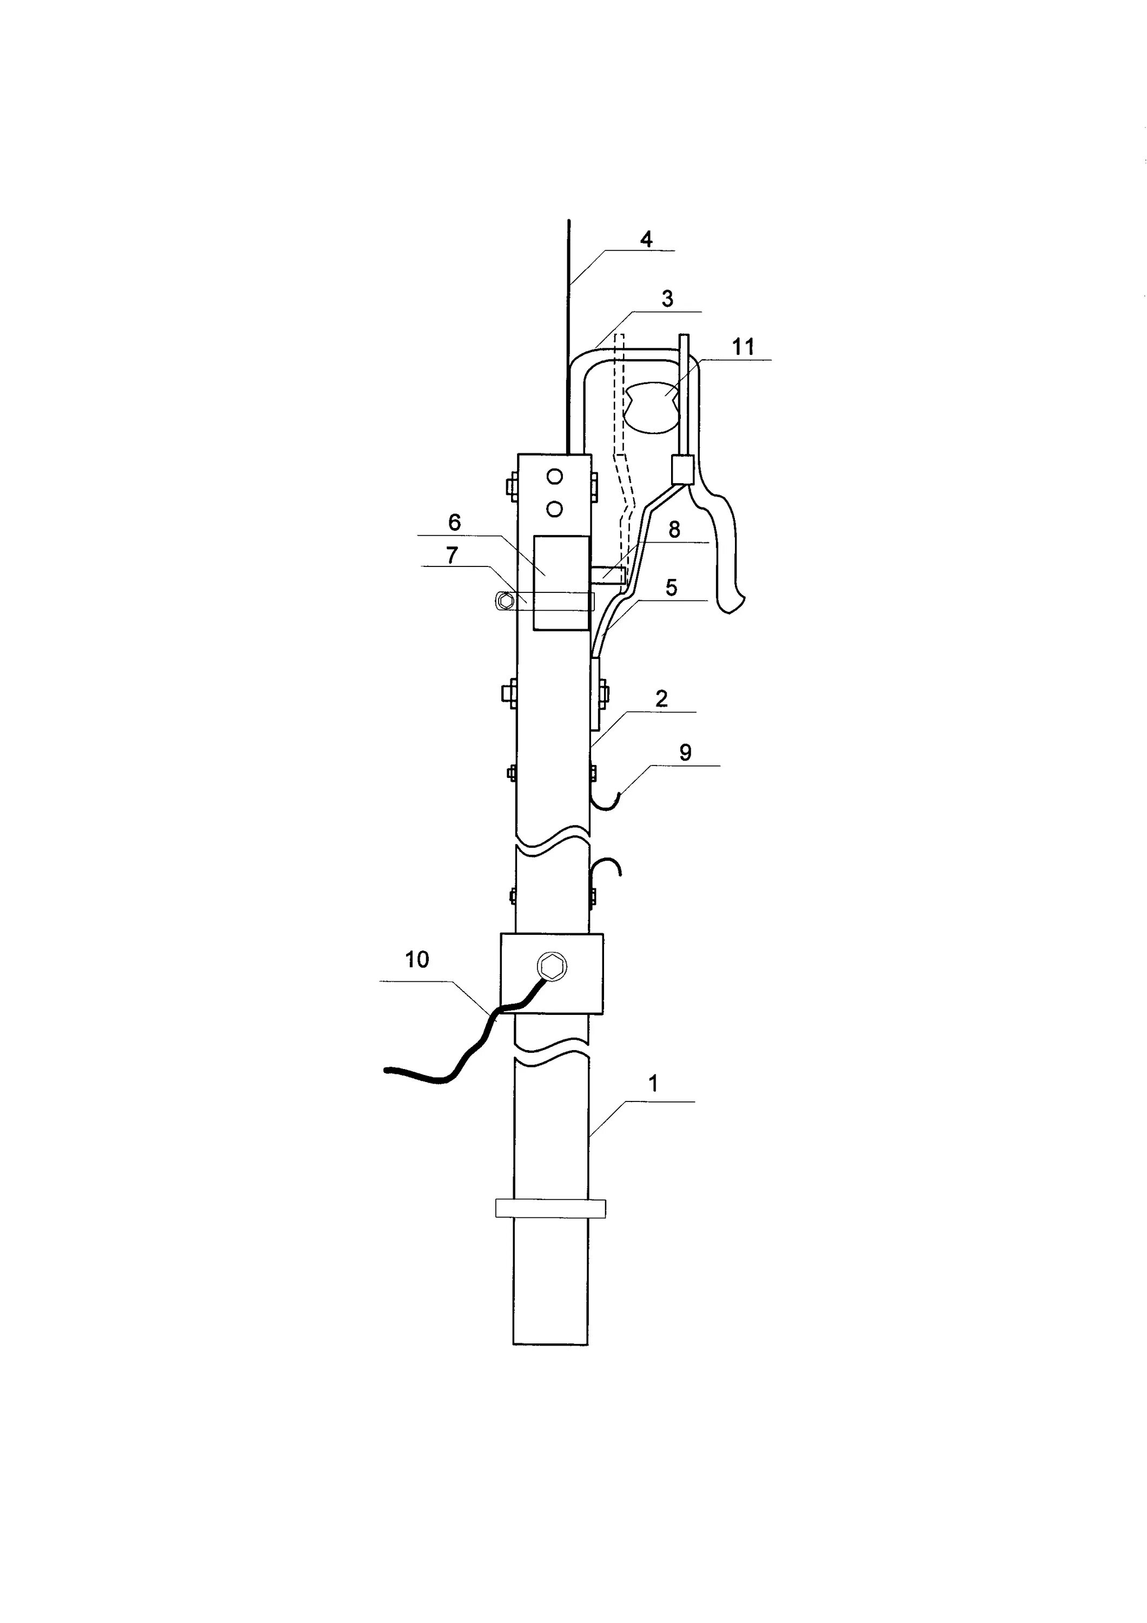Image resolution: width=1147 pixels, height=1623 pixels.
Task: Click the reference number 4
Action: tap(646, 240)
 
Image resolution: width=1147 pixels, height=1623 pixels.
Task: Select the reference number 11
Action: tap(742, 347)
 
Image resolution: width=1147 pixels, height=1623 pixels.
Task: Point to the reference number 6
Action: tap(454, 523)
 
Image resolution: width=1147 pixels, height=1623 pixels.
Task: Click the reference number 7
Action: tap(452, 555)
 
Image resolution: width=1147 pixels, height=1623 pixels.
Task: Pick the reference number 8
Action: tap(674, 530)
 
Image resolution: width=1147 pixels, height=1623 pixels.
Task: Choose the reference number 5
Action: tap(671, 588)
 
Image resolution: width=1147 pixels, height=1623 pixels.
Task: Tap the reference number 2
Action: tap(661, 699)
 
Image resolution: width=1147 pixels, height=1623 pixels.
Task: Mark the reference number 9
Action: tap(685, 753)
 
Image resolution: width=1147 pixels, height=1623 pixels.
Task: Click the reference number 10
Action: tap(417, 959)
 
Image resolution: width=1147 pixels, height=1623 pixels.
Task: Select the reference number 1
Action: tap(654, 1084)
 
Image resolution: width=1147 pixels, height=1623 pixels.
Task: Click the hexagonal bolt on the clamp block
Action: tap(551, 965)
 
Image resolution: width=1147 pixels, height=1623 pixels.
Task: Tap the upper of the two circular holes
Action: tap(555, 477)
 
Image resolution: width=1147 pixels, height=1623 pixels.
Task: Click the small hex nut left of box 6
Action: tap(504, 602)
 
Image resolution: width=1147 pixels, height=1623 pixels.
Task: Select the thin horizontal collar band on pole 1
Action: tap(551, 1208)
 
